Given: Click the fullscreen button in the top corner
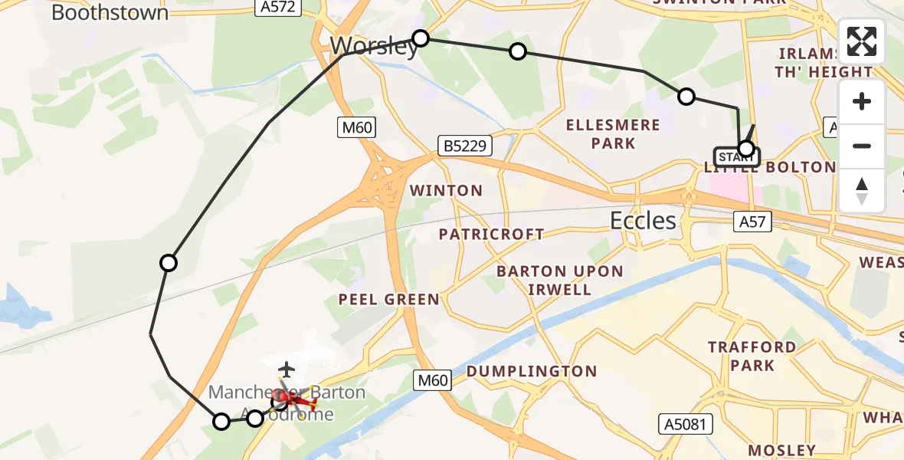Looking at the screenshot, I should click(862, 41).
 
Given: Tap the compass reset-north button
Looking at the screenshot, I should click(862, 191).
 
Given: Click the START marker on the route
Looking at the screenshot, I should click(737, 156).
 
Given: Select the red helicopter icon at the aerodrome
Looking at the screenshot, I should click(294, 399).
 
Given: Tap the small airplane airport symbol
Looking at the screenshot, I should click(287, 370).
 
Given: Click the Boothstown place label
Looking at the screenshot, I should click(110, 12).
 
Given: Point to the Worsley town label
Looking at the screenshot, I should click(375, 46).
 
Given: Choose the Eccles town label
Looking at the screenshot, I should click(644, 221).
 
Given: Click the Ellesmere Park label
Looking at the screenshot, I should click(613, 134).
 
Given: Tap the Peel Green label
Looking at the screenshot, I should click(389, 300).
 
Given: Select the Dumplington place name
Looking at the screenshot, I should click(532, 372).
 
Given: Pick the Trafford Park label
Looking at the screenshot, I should click(752, 356).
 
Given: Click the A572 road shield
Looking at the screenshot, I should click(277, 7).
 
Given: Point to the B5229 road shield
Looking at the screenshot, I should click(464, 145).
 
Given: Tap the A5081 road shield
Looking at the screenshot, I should click(686, 424).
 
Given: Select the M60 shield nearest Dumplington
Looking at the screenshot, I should click(434, 379).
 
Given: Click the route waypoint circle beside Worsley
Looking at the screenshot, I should click(421, 38).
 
